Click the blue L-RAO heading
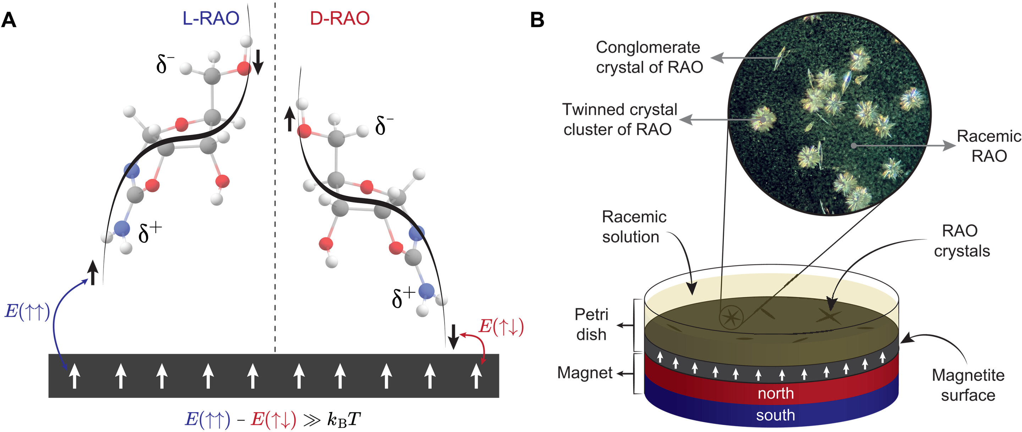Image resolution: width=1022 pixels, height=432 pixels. click(x=211, y=18)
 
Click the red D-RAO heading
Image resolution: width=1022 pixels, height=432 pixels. click(x=340, y=18)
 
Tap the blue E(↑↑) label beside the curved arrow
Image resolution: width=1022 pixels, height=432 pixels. click(x=27, y=311)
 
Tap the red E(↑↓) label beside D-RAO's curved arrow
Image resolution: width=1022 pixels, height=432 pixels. click(x=501, y=326)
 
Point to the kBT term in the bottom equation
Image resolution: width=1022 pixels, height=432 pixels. click(x=344, y=419)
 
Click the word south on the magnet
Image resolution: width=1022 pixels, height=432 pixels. click(x=775, y=415)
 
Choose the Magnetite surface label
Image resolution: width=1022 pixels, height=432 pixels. click(x=968, y=385)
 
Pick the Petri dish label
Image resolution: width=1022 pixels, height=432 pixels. click(x=591, y=324)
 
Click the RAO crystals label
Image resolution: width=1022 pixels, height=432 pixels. click(x=961, y=241)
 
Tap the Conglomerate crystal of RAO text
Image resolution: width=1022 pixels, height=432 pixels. click(x=649, y=57)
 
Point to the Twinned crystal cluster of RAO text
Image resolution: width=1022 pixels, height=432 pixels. click(x=619, y=119)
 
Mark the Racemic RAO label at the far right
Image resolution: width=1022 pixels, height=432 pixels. click(x=989, y=146)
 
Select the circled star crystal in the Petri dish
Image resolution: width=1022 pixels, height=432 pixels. click(x=731, y=317)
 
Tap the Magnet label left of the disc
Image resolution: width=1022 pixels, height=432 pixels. click(x=585, y=373)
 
